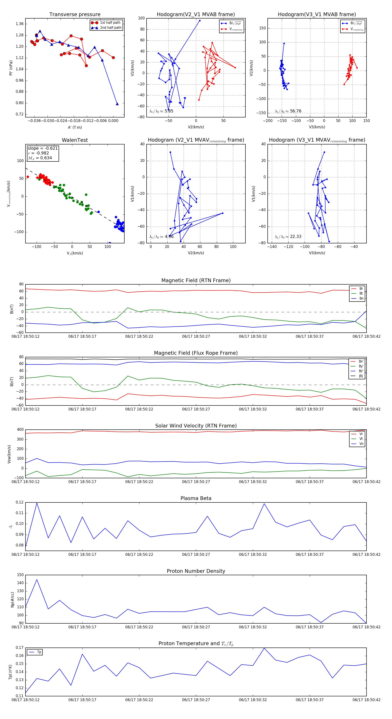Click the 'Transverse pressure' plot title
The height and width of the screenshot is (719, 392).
(75, 15)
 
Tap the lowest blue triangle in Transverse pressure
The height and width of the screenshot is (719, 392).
(117, 104)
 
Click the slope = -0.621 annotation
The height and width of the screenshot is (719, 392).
(43, 148)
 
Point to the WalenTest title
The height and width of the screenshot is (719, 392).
(75, 140)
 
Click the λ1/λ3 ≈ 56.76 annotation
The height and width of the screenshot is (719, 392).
(288, 111)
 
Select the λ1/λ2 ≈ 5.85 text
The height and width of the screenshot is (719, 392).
(161, 111)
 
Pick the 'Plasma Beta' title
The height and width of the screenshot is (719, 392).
(196, 498)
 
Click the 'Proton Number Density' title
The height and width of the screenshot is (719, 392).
(196, 571)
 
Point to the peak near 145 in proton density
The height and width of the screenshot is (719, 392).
(37, 580)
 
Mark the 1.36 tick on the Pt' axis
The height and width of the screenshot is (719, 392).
(20, 24)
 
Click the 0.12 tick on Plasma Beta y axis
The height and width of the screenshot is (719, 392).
(20, 502)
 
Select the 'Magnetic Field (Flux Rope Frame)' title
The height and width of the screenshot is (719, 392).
(196, 353)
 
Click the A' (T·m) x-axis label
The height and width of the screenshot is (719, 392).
(75, 127)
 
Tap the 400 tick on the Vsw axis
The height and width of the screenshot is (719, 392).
(20, 430)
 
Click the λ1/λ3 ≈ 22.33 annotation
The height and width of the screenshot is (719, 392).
(288, 237)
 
